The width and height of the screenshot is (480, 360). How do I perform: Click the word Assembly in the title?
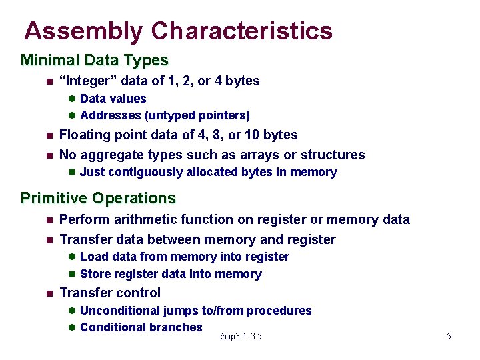point(83,31)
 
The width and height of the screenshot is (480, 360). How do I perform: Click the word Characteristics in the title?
point(241,31)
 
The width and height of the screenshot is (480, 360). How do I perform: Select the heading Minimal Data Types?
point(95,60)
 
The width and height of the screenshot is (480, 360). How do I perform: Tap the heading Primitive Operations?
point(98,198)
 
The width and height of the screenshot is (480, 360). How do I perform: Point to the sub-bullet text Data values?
point(113,99)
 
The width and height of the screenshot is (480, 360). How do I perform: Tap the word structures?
point(333,155)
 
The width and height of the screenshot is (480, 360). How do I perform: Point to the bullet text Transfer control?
point(110,293)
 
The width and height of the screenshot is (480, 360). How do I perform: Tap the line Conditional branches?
point(141,327)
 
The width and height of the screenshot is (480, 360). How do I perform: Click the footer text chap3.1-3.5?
point(240,337)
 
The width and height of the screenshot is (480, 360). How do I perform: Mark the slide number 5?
point(449,337)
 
